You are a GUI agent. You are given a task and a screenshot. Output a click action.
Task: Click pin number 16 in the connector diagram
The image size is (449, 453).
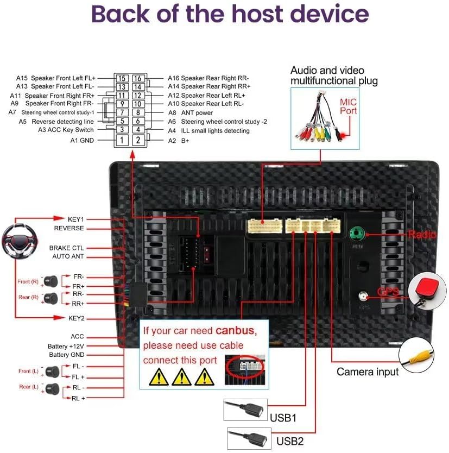[138, 79]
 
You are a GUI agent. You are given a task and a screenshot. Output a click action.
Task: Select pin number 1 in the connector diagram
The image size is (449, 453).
[122, 141]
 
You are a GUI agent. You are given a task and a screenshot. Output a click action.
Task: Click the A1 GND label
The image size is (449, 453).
[82, 140]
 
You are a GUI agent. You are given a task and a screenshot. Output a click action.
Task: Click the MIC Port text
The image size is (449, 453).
[349, 106]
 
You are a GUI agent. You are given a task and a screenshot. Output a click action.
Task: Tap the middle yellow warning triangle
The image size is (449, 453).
[181, 376]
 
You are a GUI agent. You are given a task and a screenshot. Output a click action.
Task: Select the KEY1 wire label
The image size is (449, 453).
[75, 219]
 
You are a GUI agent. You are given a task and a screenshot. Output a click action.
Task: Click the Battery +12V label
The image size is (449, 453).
[66, 346]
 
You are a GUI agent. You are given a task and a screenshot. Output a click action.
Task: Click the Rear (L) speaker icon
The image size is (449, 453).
[51, 388]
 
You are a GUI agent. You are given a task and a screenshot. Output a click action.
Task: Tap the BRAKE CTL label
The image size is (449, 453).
[67, 248]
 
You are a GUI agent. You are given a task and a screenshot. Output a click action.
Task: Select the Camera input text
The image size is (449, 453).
[368, 372]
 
